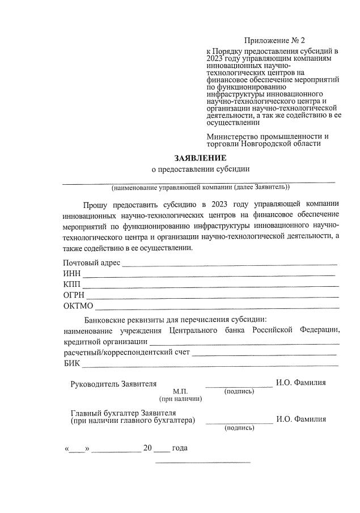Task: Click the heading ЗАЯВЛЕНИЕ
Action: click(200, 158)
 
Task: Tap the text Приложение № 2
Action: click(274, 40)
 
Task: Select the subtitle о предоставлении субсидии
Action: click(200, 168)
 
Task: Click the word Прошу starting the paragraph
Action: click(96, 203)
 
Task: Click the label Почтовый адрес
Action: click(91, 262)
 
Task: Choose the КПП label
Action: click(72, 284)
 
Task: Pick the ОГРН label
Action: click(74, 295)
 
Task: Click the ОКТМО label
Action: click(78, 306)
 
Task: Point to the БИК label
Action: click(72, 363)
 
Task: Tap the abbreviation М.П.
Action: click(180, 392)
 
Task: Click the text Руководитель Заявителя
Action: click(113, 383)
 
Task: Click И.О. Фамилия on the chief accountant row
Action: click(300, 419)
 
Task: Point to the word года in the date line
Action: click(180, 448)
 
